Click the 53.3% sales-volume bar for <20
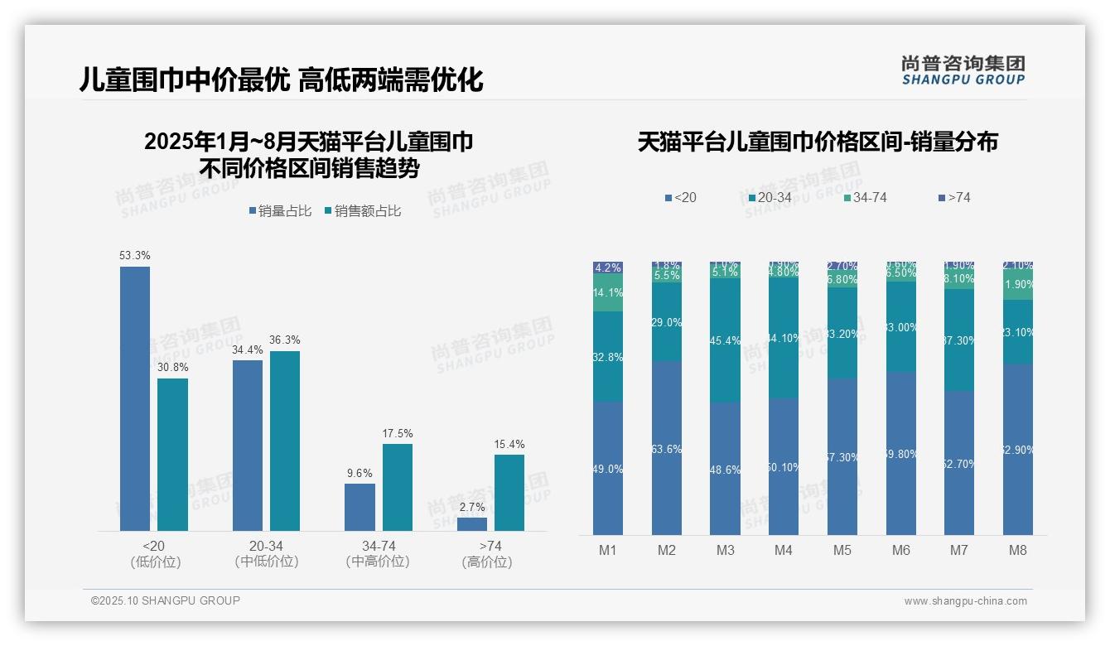(135, 398)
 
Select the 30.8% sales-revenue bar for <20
(172, 454)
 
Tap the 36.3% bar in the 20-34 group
(285, 441)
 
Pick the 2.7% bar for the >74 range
(472, 524)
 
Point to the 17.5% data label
(398, 433)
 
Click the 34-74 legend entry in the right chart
(865, 197)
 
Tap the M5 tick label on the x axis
(842, 550)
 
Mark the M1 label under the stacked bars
(608, 550)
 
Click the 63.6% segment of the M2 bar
(667, 448)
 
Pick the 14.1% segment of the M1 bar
(608, 292)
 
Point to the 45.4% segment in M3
(726, 340)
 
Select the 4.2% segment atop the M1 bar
(608, 268)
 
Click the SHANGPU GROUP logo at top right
(963, 70)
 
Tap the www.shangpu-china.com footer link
(965, 601)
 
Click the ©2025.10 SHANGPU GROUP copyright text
(166, 600)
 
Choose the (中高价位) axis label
(378, 562)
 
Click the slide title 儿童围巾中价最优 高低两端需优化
(282, 80)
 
